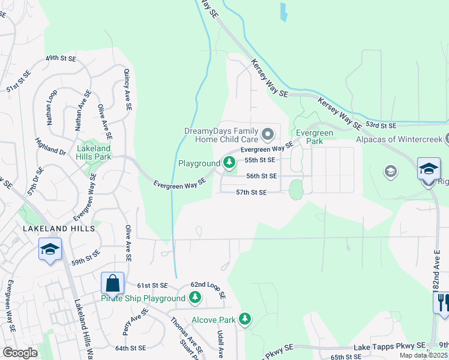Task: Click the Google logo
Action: [20, 353]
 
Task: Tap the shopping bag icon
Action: [112, 283]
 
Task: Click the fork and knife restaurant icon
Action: [442, 301]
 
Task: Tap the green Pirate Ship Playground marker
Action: [194, 298]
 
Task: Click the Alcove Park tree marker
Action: [244, 319]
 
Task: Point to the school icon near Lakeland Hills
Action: [49, 249]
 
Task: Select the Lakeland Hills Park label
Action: [94, 152]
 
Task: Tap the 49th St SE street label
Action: [62, 59]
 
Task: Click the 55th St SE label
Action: [260, 160]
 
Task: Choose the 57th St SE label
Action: [251, 192]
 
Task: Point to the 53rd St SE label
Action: [382, 125]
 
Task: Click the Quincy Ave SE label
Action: [127, 89]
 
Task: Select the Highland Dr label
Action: [50, 146]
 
